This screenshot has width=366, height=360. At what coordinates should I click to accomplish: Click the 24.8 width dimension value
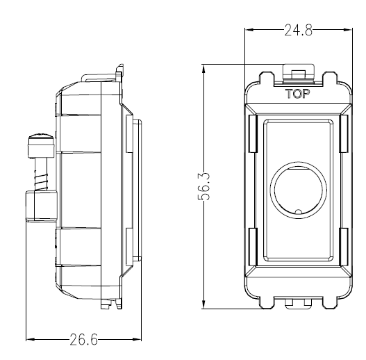coord(298,31)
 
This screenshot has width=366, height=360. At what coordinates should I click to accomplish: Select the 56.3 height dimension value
coord(203,186)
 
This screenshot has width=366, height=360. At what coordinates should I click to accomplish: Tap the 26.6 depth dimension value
coord(83,339)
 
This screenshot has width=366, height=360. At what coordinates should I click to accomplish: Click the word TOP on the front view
coord(298,94)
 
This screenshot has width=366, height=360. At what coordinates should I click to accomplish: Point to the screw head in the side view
coord(41,145)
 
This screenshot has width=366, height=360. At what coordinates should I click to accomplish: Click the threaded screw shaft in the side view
coord(41,174)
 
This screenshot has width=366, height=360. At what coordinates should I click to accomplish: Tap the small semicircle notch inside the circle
coord(299,212)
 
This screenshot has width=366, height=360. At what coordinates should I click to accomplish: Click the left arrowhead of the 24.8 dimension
coord(249,30)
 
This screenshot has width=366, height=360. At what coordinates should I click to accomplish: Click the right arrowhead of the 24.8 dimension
coord(348,30)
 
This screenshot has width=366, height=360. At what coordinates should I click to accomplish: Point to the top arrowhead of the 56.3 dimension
coord(203,69)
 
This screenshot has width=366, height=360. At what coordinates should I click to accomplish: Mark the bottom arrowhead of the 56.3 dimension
coord(203,304)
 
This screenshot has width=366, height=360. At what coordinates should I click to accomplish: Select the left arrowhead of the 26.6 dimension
coord(31,339)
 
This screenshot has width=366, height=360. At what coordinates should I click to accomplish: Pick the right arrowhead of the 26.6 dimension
coord(137,339)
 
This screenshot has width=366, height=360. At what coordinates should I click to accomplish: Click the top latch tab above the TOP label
coord(299,74)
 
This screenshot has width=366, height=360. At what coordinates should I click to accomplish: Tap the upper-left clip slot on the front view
coord(253,133)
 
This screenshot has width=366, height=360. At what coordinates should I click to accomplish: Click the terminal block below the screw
coord(42,206)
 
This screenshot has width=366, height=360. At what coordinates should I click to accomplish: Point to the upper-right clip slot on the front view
coord(344,133)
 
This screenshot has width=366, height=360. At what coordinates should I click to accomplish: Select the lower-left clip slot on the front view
coord(253,247)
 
